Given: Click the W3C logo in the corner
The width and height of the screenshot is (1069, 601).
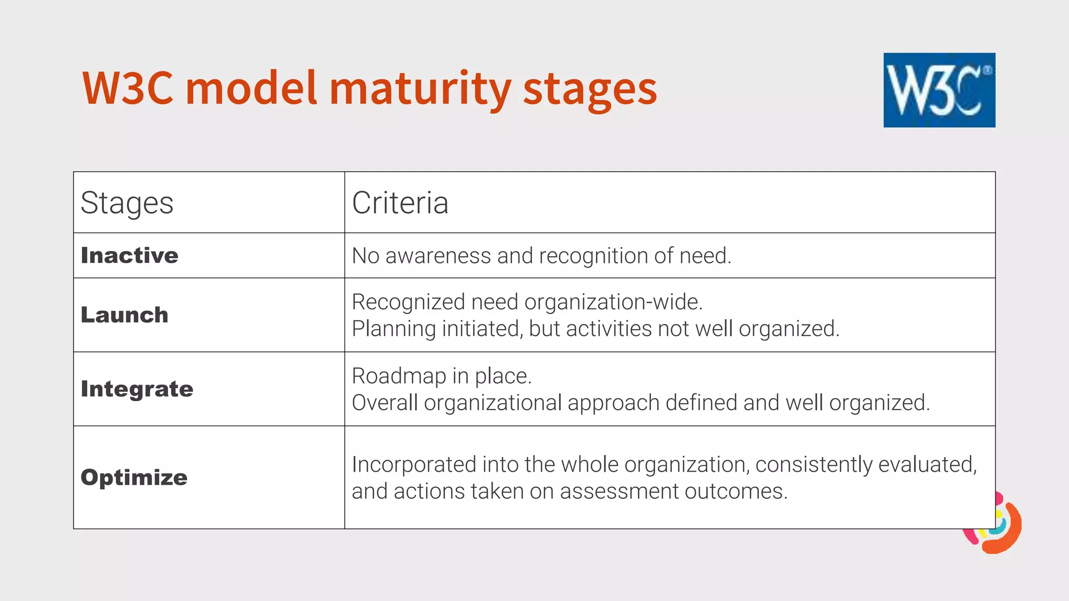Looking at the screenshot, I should point(939,90).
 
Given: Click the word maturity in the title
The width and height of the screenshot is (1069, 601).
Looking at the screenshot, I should point(420,89).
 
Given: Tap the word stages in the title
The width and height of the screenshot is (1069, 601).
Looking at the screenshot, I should point(590,89).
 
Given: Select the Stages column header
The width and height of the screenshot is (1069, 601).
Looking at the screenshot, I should point(127,202).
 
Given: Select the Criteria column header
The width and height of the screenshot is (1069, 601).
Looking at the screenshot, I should point(400,202).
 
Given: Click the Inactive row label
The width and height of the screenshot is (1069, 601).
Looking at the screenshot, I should point(129,256).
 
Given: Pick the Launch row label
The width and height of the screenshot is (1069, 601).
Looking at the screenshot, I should point(125,315).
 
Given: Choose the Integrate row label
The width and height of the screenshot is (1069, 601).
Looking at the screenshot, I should point(137,389).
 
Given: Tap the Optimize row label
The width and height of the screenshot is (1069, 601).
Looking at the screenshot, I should point(134,477).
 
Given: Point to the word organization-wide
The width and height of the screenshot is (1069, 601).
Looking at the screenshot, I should point(613,302).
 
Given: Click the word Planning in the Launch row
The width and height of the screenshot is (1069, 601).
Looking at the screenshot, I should point(394,329).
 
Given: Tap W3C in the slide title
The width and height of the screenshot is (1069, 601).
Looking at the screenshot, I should point(128,89).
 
